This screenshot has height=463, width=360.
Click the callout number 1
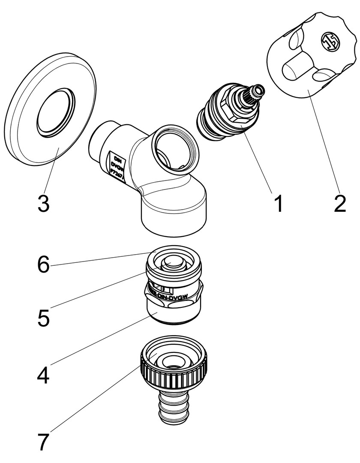click(279, 203)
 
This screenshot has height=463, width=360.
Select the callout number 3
click(43, 203)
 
